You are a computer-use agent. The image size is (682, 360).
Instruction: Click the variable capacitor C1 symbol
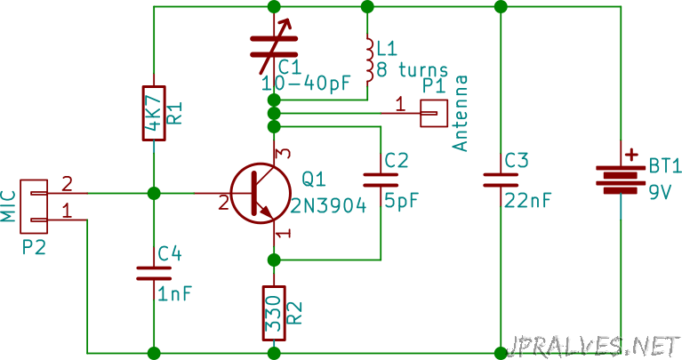point(274,47)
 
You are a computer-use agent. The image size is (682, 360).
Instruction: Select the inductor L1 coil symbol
point(369,60)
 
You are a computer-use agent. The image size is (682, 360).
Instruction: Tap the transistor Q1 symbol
point(261,194)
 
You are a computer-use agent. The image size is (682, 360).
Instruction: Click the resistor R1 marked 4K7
point(154,113)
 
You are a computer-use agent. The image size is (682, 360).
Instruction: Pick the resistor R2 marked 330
point(274,313)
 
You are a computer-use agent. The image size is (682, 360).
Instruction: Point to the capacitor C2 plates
point(381,180)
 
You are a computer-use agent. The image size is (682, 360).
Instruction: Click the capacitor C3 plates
point(501,180)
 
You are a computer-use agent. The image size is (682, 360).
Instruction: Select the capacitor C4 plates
point(154,273)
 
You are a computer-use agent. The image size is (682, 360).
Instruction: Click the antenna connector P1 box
point(434,113)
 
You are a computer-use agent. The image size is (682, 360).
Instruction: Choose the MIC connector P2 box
point(34,206)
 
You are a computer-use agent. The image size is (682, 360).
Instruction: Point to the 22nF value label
point(527,201)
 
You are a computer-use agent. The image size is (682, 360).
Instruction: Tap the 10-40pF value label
point(306,84)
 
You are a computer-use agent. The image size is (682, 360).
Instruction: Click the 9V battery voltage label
point(661,192)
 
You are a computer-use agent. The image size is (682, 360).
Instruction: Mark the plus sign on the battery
point(631,155)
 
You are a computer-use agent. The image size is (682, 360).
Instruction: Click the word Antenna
point(460,113)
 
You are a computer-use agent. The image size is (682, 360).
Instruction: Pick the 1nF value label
point(174,294)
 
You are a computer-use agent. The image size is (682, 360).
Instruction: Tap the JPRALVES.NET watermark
point(593,347)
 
